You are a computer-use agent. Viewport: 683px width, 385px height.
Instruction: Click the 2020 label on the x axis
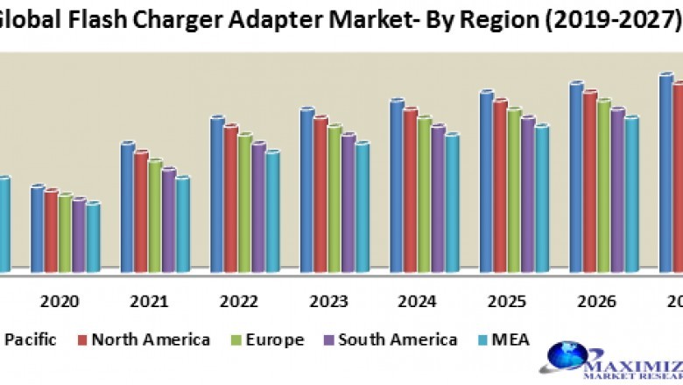[60, 301]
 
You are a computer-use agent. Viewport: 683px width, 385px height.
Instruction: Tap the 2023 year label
[328, 301]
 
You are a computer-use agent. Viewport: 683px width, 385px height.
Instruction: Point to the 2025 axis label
[507, 301]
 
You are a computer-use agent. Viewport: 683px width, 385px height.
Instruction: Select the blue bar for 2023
[306, 188]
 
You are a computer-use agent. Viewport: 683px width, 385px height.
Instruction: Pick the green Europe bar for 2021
[155, 214]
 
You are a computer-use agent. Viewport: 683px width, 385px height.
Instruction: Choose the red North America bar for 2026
[589, 179]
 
